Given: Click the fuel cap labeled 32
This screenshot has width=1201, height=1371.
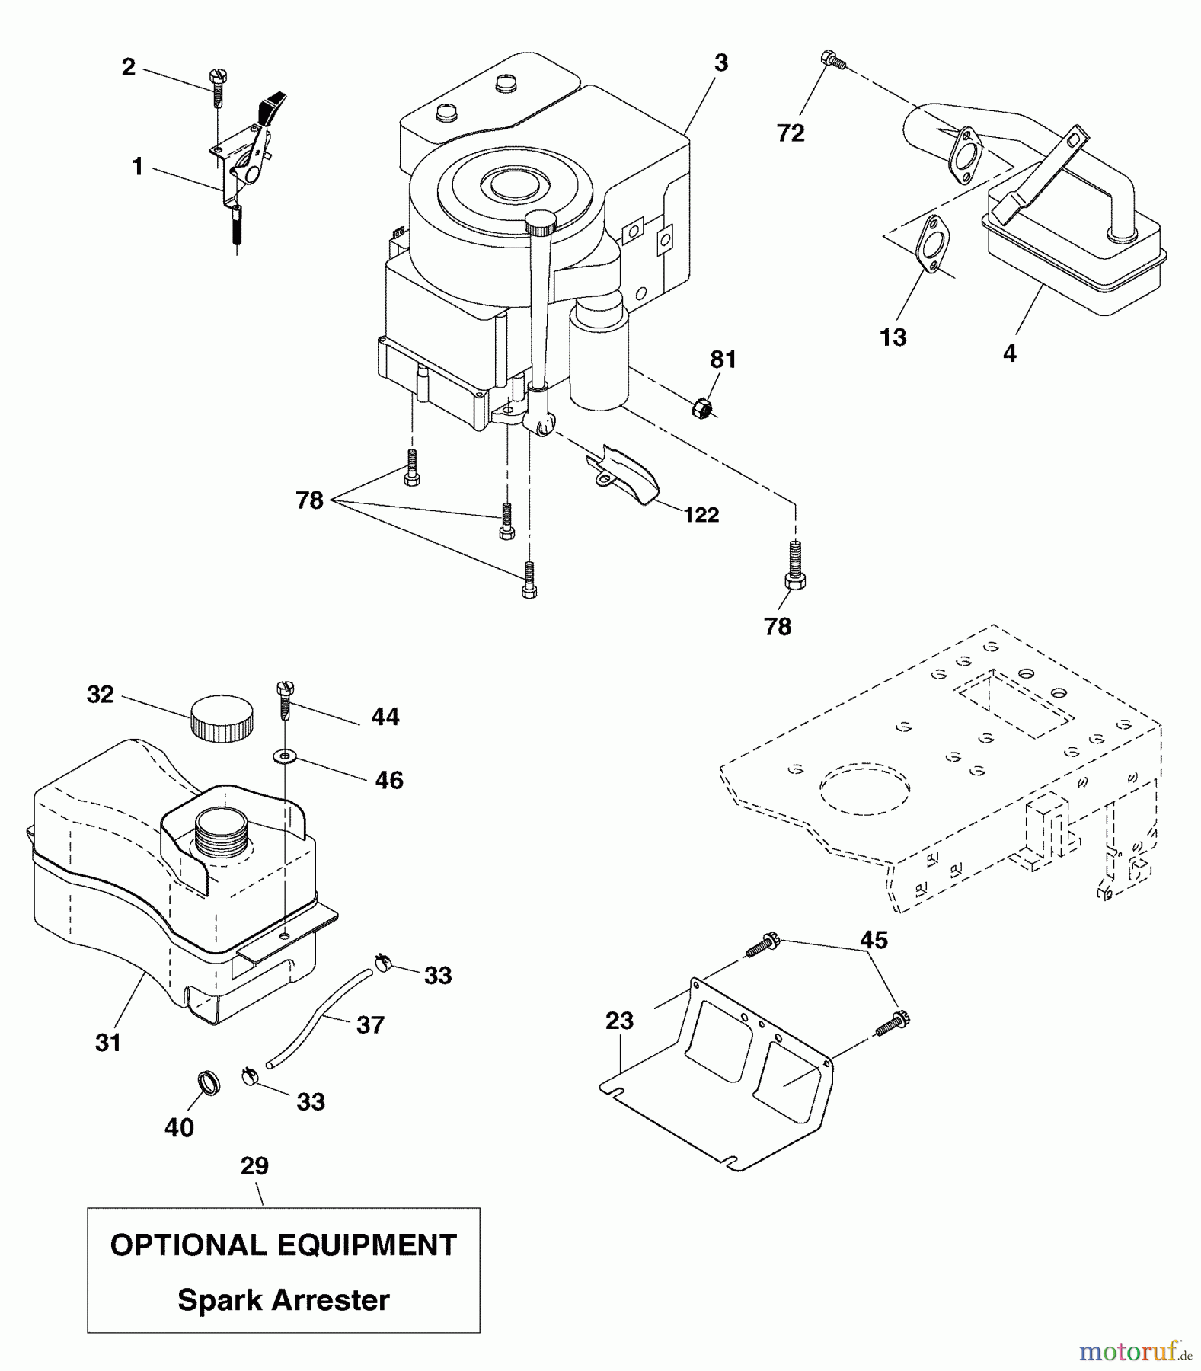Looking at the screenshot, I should tap(222, 717).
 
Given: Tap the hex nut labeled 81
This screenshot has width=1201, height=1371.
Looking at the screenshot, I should tap(702, 409).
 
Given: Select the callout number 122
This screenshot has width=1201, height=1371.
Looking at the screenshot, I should tap(701, 516).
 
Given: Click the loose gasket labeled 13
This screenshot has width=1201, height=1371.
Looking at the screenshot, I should tap(928, 244).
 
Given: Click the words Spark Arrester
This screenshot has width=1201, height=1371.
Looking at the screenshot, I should tap(283, 1299).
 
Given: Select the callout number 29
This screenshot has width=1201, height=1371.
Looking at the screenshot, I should tap(254, 1167).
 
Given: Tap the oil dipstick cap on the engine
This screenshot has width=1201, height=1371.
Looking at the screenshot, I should tap(541, 224).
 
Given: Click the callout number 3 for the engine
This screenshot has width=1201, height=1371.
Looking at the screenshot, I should tap(720, 63).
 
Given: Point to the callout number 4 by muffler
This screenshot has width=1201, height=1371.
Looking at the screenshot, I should tap(1009, 353).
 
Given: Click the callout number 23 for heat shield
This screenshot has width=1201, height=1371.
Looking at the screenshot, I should tap(619, 1021).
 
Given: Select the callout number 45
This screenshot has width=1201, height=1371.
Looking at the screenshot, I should tap(874, 940).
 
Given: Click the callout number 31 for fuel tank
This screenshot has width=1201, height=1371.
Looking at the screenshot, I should tap(108, 1042).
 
